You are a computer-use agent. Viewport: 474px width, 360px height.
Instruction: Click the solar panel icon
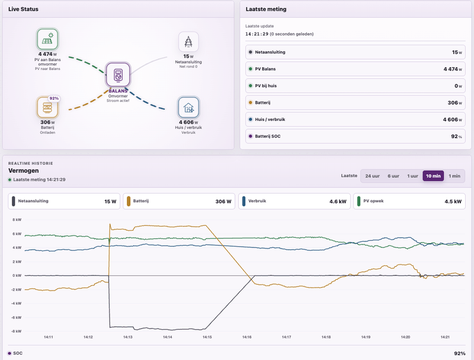(x=47, y=39)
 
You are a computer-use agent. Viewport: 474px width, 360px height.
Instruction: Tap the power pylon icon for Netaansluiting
(x=188, y=42)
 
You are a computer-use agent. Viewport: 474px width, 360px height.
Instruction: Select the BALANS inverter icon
(x=118, y=75)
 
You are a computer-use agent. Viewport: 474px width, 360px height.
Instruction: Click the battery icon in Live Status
(x=47, y=107)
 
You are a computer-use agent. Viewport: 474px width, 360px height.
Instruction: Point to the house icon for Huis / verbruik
(x=188, y=107)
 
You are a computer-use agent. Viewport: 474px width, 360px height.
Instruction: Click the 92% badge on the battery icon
(x=54, y=98)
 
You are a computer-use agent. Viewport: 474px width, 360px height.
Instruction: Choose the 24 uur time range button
(x=372, y=176)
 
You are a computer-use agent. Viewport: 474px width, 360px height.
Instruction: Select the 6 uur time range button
(x=393, y=176)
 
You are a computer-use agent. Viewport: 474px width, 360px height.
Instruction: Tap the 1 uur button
(x=412, y=176)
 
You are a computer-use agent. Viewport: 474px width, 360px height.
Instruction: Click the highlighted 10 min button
(x=433, y=176)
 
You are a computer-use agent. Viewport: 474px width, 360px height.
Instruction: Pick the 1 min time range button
(x=454, y=176)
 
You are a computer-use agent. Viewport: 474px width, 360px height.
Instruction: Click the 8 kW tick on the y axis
(x=17, y=219)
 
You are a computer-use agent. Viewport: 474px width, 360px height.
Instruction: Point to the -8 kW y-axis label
(x=17, y=332)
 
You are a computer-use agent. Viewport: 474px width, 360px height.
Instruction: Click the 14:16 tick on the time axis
(x=246, y=337)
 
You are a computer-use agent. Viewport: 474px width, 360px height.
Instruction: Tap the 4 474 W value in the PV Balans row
(x=453, y=69)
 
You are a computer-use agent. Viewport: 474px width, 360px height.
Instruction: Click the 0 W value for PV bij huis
(x=458, y=86)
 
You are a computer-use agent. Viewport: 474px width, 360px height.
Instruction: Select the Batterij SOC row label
(x=268, y=136)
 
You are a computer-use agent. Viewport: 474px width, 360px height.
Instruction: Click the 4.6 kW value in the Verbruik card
(x=338, y=202)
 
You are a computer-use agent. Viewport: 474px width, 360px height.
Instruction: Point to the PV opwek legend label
(x=373, y=201)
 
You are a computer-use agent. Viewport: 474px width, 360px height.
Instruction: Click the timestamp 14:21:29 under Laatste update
(x=257, y=34)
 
